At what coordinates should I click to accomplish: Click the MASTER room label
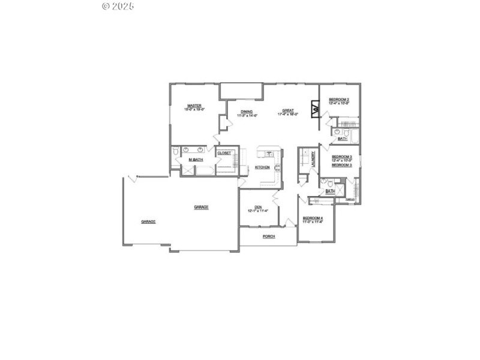194,105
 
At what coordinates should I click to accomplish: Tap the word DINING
247,111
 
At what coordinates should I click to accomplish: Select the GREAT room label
288,110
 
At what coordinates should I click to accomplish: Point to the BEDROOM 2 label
340,99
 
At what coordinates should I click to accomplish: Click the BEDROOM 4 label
313,218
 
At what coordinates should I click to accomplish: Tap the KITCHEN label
262,167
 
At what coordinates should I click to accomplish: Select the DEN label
258,207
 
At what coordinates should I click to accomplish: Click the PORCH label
269,236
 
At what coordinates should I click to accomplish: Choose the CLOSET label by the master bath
224,153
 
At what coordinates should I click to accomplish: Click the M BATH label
195,160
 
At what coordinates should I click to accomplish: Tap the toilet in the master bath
176,152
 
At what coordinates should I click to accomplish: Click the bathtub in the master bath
205,169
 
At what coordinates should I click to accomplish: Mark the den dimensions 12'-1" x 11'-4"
258,211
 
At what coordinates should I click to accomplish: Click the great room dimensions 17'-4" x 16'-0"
288,115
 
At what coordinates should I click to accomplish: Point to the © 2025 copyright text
119,6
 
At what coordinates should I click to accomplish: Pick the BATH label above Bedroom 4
330,191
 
